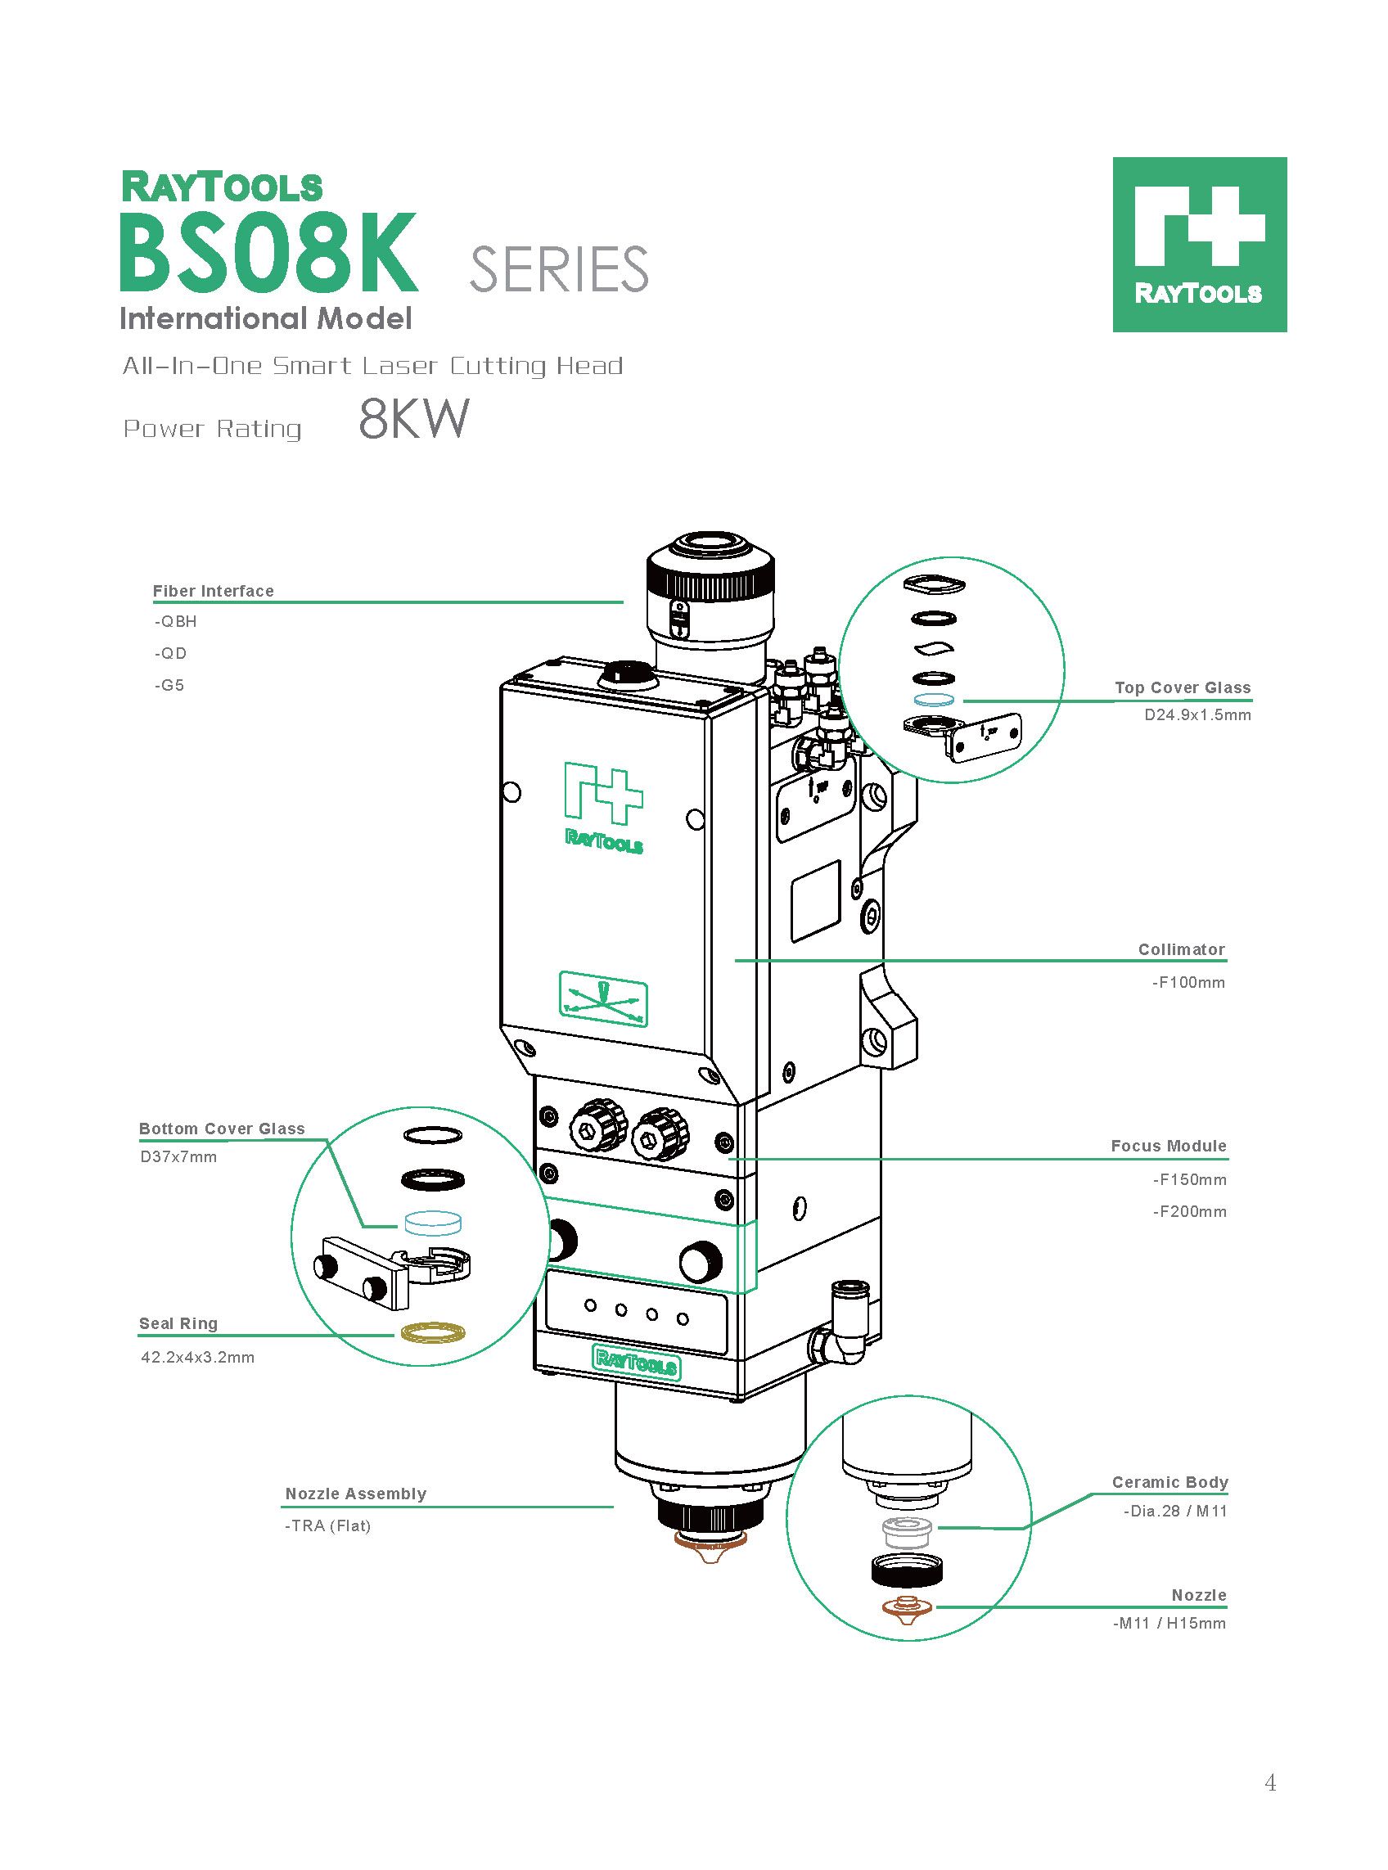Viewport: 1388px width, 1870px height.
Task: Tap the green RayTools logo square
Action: (x=1199, y=244)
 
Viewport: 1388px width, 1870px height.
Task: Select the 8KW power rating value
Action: (x=412, y=419)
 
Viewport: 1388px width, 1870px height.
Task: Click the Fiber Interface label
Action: (x=214, y=591)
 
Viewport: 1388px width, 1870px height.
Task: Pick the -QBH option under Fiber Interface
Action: (x=175, y=622)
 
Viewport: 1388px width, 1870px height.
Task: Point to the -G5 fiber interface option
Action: (x=169, y=685)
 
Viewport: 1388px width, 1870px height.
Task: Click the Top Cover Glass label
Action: (x=1182, y=687)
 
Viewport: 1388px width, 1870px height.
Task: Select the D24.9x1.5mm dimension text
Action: (x=1197, y=716)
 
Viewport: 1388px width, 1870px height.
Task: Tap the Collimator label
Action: (x=1181, y=949)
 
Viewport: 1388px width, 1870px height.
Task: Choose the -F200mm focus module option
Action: (x=1189, y=1211)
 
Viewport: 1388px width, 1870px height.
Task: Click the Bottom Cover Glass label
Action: (x=222, y=1129)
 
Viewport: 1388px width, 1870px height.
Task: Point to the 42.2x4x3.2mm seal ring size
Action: (x=197, y=1357)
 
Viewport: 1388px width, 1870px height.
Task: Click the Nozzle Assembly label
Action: (x=356, y=1494)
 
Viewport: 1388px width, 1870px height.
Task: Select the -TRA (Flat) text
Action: (x=327, y=1525)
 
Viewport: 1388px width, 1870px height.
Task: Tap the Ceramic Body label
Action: (x=1169, y=1482)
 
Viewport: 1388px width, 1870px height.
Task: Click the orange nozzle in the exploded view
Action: (x=906, y=1607)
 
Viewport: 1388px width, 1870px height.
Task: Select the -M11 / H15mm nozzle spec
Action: (x=1169, y=1623)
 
